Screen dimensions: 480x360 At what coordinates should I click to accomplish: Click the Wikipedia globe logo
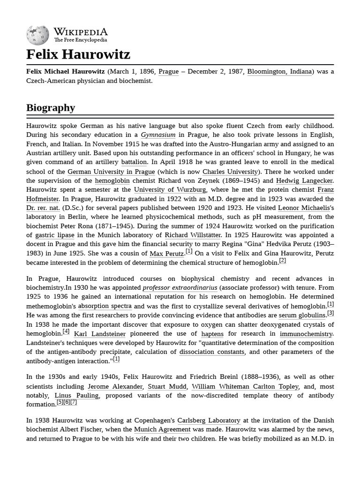tap(37, 35)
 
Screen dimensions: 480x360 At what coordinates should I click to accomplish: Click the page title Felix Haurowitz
tap(78, 54)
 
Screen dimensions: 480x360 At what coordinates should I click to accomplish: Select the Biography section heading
tap(51, 107)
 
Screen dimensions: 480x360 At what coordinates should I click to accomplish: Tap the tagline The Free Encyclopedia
tap(80, 40)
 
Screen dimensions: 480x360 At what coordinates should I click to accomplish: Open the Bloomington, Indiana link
tap(279, 71)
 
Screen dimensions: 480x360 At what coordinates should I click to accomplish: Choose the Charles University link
tap(230, 172)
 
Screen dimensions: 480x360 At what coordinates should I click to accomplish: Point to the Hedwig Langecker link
tap(304, 180)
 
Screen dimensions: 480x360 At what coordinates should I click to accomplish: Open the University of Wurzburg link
tap(170, 190)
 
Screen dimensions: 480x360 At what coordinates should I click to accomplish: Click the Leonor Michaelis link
tap(304, 208)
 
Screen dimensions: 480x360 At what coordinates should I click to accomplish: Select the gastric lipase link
tap(55, 235)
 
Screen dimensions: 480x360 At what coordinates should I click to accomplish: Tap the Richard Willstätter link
tap(193, 235)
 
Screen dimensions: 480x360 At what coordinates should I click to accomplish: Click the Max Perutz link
tap(166, 254)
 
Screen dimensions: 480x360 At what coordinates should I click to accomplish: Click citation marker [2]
tap(282, 261)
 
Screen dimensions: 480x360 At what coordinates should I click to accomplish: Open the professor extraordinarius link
tap(180, 288)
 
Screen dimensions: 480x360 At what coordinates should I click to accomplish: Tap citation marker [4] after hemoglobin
tap(66, 332)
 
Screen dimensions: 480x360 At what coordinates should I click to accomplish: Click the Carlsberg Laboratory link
tap(209, 420)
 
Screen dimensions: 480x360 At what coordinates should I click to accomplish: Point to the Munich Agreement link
tap(162, 429)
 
